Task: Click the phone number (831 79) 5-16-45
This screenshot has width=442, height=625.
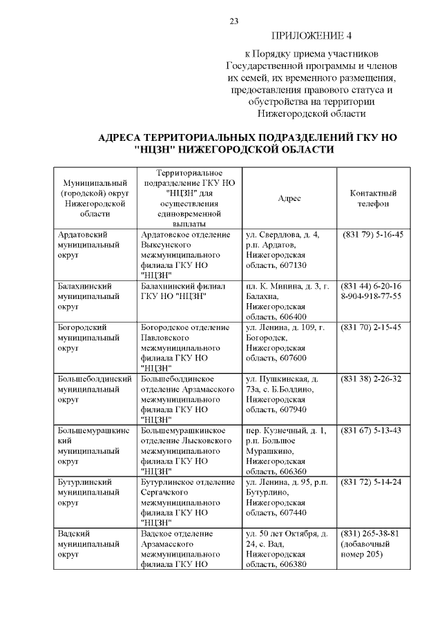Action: (x=373, y=235)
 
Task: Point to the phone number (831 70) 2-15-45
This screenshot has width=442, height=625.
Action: (x=373, y=327)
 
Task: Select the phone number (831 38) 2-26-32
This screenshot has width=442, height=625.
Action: (x=373, y=379)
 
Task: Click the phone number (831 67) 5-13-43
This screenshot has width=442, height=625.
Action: (x=373, y=431)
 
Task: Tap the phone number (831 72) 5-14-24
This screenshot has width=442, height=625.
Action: (x=373, y=481)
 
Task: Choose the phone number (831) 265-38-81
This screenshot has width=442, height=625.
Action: (x=372, y=533)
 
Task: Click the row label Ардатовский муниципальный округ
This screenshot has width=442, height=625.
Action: (x=84, y=244)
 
